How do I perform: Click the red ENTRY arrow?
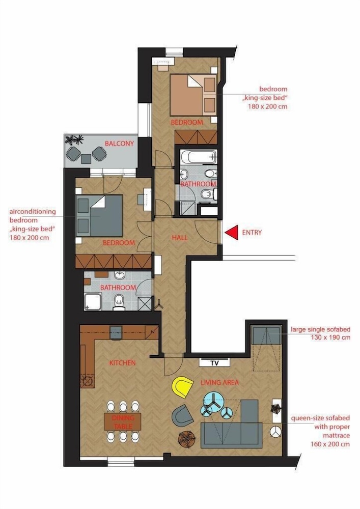[x=233, y=233]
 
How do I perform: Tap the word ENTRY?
[x=252, y=233]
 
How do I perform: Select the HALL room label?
[x=180, y=238]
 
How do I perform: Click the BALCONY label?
[x=119, y=144]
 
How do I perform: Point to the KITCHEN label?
[x=122, y=363]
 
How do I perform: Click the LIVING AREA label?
[x=220, y=382]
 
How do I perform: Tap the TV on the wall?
[x=214, y=362]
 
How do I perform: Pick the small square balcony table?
[x=86, y=159]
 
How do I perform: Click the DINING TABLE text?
[x=123, y=421]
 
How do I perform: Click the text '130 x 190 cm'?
[x=330, y=337]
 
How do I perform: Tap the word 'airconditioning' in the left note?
[x=33, y=212]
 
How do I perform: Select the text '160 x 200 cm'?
[x=330, y=444]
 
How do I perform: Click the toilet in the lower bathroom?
[x=119, y=302]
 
